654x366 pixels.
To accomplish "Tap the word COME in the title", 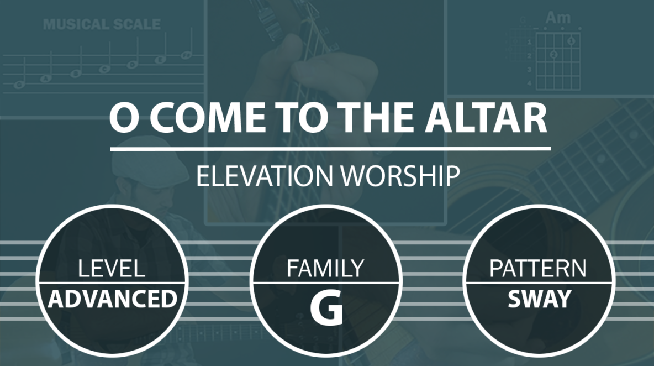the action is tap(207, 118).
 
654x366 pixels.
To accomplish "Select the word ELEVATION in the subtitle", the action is tap(265, 176).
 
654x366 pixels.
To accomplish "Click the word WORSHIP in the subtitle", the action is tap(401, 176).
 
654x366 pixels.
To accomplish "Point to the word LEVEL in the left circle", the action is tap(112, 268).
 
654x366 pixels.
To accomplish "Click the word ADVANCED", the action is tap(113, 299).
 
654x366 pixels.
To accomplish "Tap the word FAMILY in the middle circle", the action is tap(326, 268).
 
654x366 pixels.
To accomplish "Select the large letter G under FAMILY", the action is tap(326, 308).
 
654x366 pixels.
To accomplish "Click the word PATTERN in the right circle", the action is tap(537, 268).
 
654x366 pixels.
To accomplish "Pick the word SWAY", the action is tap(539, 299).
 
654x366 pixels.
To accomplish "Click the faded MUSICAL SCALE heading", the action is tap(102, 24).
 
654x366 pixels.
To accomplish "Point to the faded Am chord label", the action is tap(558, 18).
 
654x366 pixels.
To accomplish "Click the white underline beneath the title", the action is tap(330, 149).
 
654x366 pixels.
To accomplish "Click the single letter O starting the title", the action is tap(124, 118).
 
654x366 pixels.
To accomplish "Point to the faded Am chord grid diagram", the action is tap(558, 60).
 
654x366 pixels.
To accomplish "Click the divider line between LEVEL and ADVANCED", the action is tap(112, 283).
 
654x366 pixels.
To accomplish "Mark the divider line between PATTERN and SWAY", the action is tap(539, 283).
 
